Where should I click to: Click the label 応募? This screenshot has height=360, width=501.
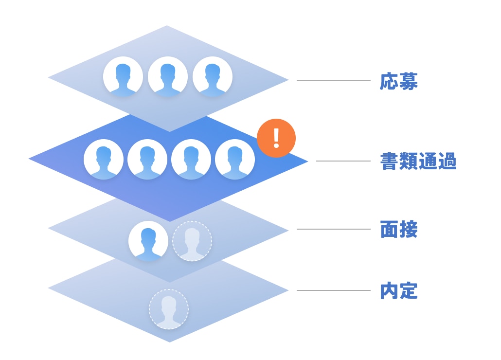(398, 82)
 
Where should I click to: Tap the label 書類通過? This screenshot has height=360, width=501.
(418, 162)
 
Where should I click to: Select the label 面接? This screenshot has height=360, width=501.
(398, 230)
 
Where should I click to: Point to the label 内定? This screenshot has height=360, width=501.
(398, 291)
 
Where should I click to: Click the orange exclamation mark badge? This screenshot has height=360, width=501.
(276, 138)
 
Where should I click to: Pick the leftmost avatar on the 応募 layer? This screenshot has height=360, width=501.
(123, 76)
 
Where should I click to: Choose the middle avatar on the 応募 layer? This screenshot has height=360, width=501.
(168, 76)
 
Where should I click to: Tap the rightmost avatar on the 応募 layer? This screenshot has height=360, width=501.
(213, 76)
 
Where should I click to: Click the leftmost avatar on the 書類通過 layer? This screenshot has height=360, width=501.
(104, 159)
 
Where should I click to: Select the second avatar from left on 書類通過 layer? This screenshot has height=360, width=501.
(147, 159)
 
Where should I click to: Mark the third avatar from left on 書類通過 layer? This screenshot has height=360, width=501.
(191, 159)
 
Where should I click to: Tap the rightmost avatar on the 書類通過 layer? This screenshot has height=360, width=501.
(235, 159)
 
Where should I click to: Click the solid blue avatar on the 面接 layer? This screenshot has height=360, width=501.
(148, 241)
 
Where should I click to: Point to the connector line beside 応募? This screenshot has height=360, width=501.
(334, 80)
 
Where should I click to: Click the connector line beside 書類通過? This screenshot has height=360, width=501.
(343, 161)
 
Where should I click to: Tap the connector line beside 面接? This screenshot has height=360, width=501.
(334, 229)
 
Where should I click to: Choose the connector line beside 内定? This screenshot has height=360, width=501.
(334, 290)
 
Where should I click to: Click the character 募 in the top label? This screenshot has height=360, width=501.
(408, 82)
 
